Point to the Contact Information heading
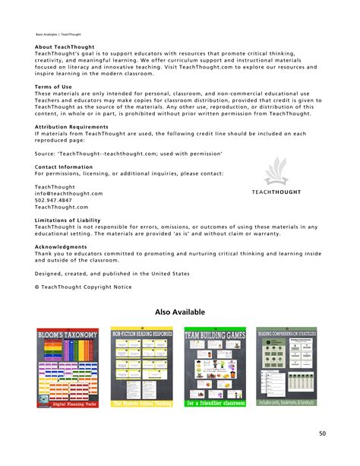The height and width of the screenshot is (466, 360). (64, 166)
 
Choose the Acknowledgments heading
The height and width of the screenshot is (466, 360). (60, 246)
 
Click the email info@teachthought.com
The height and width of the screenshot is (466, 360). (68, 193)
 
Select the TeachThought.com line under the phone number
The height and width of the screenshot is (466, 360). (62, 207)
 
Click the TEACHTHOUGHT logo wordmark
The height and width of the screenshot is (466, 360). (276, 192)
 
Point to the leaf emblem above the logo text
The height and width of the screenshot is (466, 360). (276, 173)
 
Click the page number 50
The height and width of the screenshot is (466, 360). (322, 433)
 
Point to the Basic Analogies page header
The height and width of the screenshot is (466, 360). (58, 34)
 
